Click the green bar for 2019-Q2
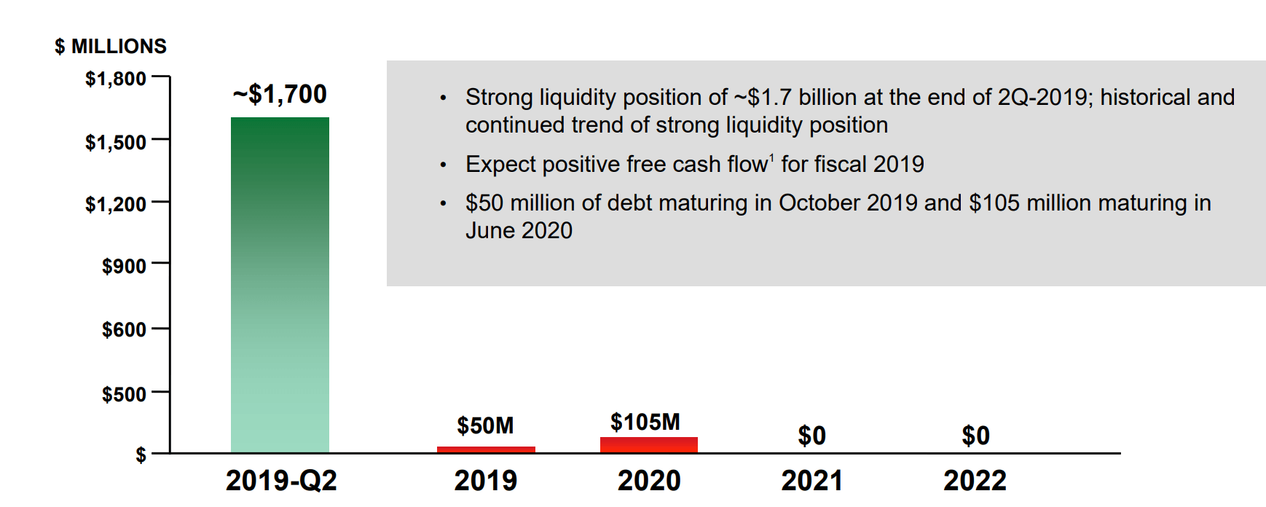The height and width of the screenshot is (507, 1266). pyautogui.click(x=280, y=285)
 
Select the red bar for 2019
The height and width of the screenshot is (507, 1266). pyautogui.click(x=486, y=449)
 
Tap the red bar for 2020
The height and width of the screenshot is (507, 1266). pyautogui.click(x=649, y=445)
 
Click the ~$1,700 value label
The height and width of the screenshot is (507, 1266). pyautogui.click(x=280, y=94)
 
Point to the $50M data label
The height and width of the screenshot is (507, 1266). pyautogui.click(x=485, y=425)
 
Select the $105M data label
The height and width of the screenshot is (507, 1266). pyautogui.click(x=645, y=422)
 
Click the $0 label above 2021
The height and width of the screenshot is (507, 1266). pyautogui.click(x=812, y=436)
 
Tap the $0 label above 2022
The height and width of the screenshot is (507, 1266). pyautogui.click(x=975, y=436)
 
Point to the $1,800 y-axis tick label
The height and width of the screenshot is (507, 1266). pyautogui.click(x=116, y=79)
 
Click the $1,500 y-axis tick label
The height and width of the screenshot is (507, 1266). pyautogui.click(x=116, y=142)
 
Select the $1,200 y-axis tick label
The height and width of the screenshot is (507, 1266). pyautogui.click(x=116, y=204)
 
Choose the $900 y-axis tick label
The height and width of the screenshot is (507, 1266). pyautogui.click(x=124, y=266)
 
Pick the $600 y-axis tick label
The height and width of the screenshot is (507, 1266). pyautogui.click(x=124, y=330)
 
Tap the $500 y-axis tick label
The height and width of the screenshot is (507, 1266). pyautogui.click(x=124, y=394)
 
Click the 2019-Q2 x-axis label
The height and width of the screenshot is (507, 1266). pyautogui.click(x=281, y=481)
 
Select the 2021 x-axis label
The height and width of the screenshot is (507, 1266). pyautogui.click(x=812, y=481)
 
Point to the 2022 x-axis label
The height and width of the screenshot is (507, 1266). pyautogui.click(x=975, y=481)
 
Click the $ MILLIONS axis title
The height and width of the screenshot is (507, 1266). pyautogui.click(x=111, y=47)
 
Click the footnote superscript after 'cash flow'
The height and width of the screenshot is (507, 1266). pyautogui.click(x=771, y=157)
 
